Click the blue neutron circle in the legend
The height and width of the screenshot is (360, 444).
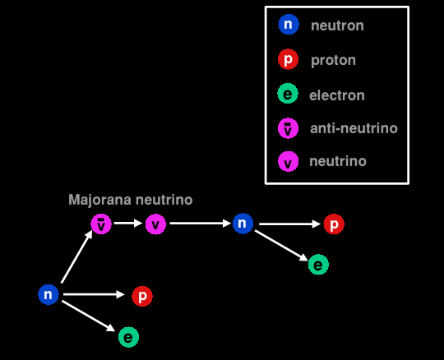(289, 25)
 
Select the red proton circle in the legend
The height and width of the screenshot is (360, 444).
(289, 59)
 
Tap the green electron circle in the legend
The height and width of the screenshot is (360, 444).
(288, 94)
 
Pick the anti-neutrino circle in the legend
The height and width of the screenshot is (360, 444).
(289, 128)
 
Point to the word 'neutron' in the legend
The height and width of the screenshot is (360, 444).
(337, 25)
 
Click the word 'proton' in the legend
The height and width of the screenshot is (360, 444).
(333, 61)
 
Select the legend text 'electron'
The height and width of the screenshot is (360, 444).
(337, 95)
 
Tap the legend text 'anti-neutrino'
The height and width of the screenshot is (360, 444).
(354, 128)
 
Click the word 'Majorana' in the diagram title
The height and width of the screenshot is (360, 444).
(100, 200)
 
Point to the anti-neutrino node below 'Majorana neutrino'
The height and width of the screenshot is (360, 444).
(101, 224)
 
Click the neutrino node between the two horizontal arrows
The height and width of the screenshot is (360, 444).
(155, 224)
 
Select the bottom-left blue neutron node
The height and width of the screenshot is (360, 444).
(49, 294)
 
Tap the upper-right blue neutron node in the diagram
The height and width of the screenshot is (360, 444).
(243, 224)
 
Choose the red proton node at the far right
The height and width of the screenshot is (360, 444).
(334, 224)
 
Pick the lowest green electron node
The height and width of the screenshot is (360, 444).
(128, 337)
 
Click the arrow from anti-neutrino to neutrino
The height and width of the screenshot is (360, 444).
(128, 223)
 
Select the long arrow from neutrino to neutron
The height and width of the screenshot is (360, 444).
(201, 224)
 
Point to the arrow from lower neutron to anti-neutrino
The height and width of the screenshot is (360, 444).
(76, 256)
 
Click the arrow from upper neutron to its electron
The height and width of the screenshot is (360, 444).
(281, 246)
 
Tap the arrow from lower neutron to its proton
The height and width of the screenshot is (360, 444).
(94, 294)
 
